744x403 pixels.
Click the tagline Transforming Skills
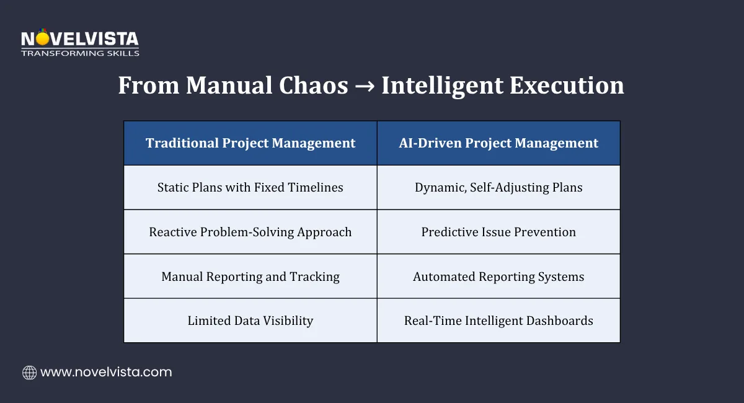pos(79,53)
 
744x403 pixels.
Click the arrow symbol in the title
pos(364,86)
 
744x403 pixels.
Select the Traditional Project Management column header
pos(250,143)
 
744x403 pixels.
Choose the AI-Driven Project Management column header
pos(498,143)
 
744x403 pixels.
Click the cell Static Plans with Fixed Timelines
pos(250,187)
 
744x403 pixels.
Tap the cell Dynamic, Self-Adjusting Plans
pos(498,187)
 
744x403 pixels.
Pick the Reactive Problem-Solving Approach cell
pos(250,232)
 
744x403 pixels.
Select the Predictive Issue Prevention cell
pos(498,232)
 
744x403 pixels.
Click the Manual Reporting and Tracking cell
pos(250,277)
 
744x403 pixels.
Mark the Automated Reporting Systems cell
pos(498,277)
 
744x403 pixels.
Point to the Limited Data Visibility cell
pos(250,321)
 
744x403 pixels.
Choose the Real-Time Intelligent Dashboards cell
pos(498,321)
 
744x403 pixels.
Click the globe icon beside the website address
pos(29,373)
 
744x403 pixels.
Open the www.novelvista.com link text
pos(106,373)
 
